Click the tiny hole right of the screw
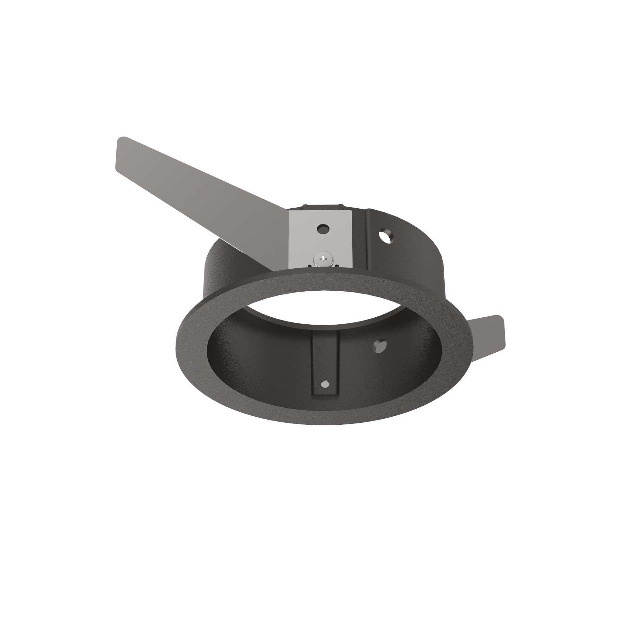click(x=337, y=265)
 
